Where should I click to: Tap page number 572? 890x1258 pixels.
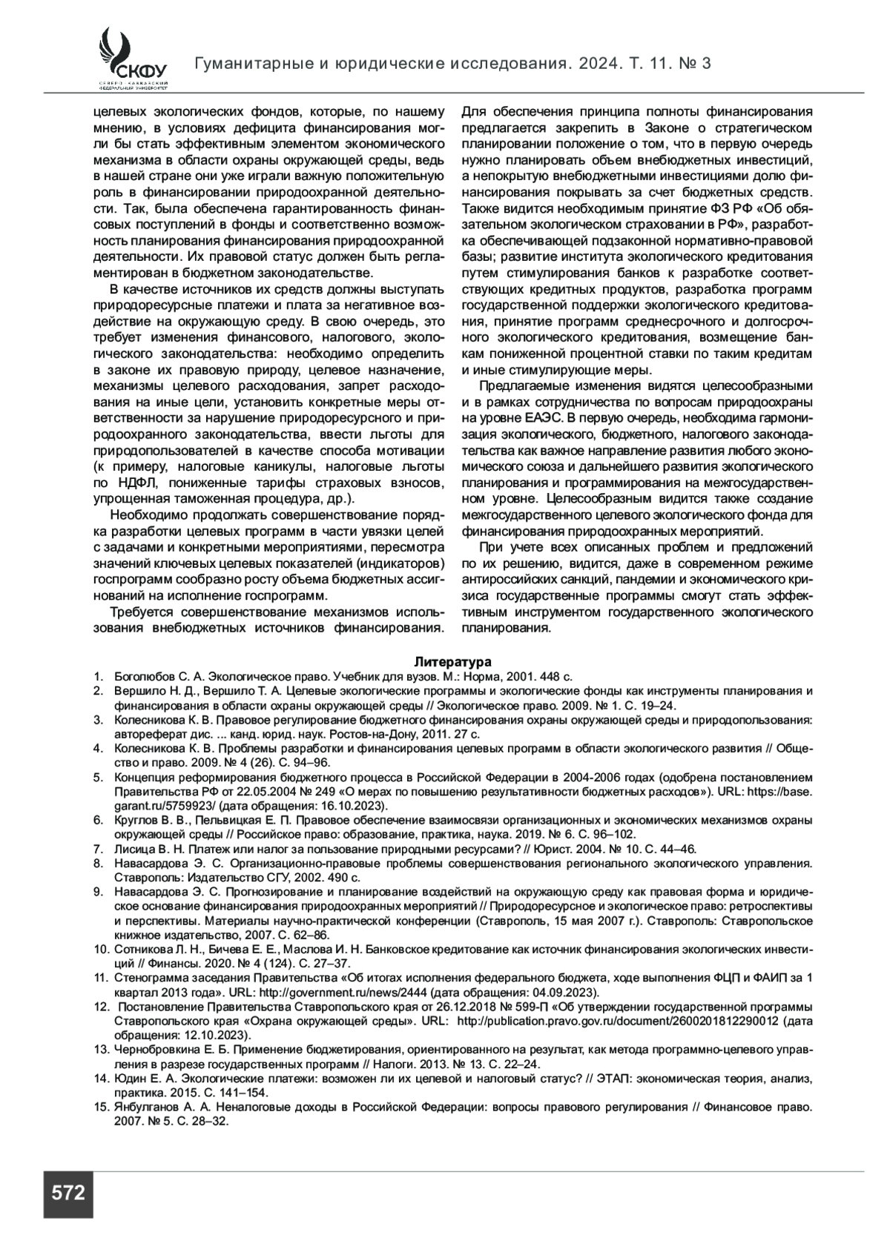pos(68,1194)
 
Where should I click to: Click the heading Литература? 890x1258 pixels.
pos(452,661)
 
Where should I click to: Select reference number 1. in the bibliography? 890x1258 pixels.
pos(97,676)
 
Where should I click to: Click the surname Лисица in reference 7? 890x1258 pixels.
pos(132,849)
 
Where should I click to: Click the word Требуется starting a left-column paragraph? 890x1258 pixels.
pos(141,612)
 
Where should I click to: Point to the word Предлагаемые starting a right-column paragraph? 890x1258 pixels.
pos(522,386)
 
